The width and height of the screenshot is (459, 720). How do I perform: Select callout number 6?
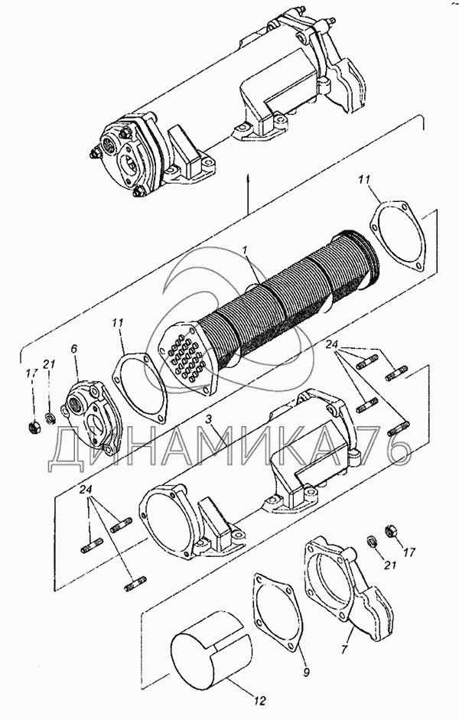[x=75, y=349]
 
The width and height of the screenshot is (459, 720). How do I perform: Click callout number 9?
[x=307, y=673]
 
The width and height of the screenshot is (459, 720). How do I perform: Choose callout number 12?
[x=259, y=701]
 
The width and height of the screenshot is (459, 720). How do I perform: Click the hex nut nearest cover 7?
[x=392, y=531]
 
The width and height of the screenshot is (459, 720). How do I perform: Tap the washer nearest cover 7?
[x=373, y=540]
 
